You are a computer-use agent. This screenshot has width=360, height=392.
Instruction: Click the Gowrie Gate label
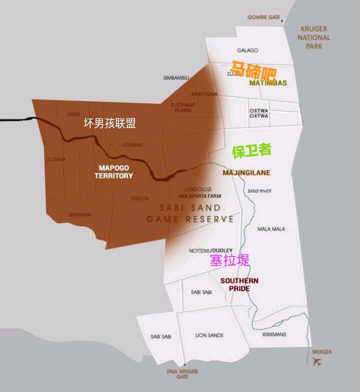(263, 17)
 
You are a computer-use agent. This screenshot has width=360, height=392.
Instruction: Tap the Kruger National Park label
(314, 37)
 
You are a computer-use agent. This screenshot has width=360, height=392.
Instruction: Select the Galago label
(247, 50)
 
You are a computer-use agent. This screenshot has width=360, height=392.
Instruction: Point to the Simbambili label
(176, 78)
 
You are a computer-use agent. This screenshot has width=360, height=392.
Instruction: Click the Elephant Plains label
(183, 107)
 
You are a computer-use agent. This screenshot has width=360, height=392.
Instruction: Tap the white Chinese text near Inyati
(109, 123)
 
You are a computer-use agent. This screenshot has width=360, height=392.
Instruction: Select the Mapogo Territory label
(115, 171)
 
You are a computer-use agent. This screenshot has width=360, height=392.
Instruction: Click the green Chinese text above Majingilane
(251, 151)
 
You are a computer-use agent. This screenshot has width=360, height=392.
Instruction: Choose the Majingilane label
(246, 172)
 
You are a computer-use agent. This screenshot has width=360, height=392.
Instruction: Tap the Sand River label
(259, 191)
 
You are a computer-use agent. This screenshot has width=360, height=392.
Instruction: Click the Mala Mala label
(271, 229)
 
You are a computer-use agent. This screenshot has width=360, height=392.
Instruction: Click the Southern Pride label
(239, 284)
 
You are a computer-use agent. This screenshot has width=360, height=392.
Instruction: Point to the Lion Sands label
(209, 335)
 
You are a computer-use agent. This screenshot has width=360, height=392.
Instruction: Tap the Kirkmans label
(274, 334)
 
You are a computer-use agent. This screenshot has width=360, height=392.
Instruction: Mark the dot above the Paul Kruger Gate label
(184, 364)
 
